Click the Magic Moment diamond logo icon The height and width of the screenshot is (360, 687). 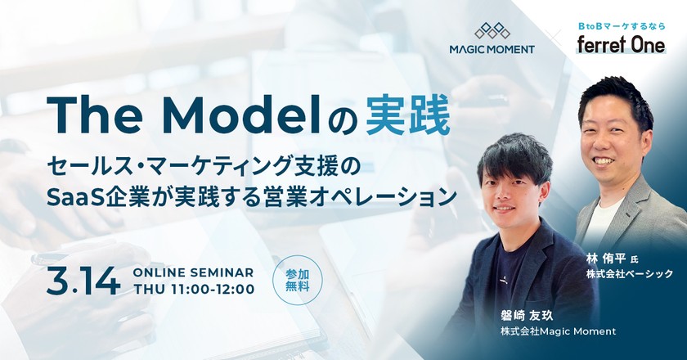tap(492, 30)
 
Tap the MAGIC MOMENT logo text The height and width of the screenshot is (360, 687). tap(492, 49)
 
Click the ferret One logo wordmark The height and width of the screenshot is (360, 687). tap(619, 46)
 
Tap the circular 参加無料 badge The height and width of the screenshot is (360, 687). tap(297, 281)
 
